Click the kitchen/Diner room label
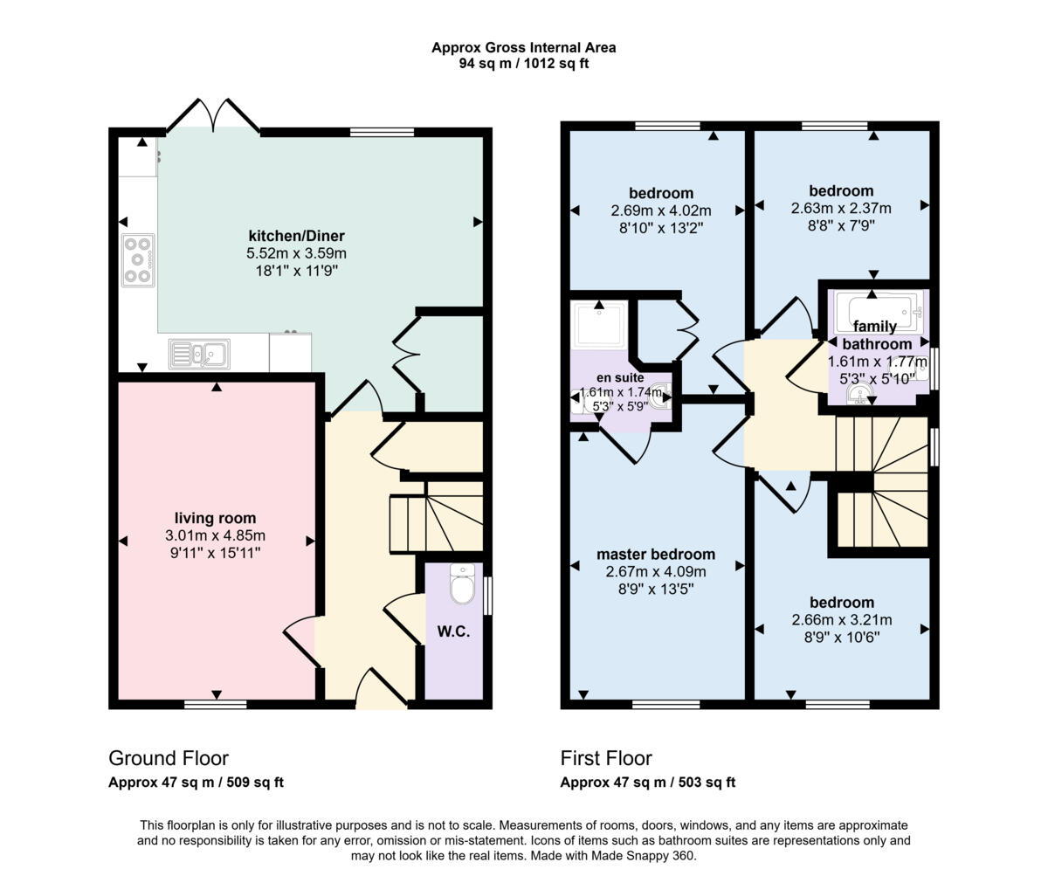297,236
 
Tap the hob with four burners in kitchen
138,260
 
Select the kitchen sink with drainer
199,354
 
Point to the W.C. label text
452,631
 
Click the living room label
215,518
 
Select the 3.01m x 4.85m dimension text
215,535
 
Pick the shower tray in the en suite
599,326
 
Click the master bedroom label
655,554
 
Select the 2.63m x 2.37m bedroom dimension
841,208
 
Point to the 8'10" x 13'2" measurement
661,227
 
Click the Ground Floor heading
169,757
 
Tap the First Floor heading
606,757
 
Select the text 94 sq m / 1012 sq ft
524,64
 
